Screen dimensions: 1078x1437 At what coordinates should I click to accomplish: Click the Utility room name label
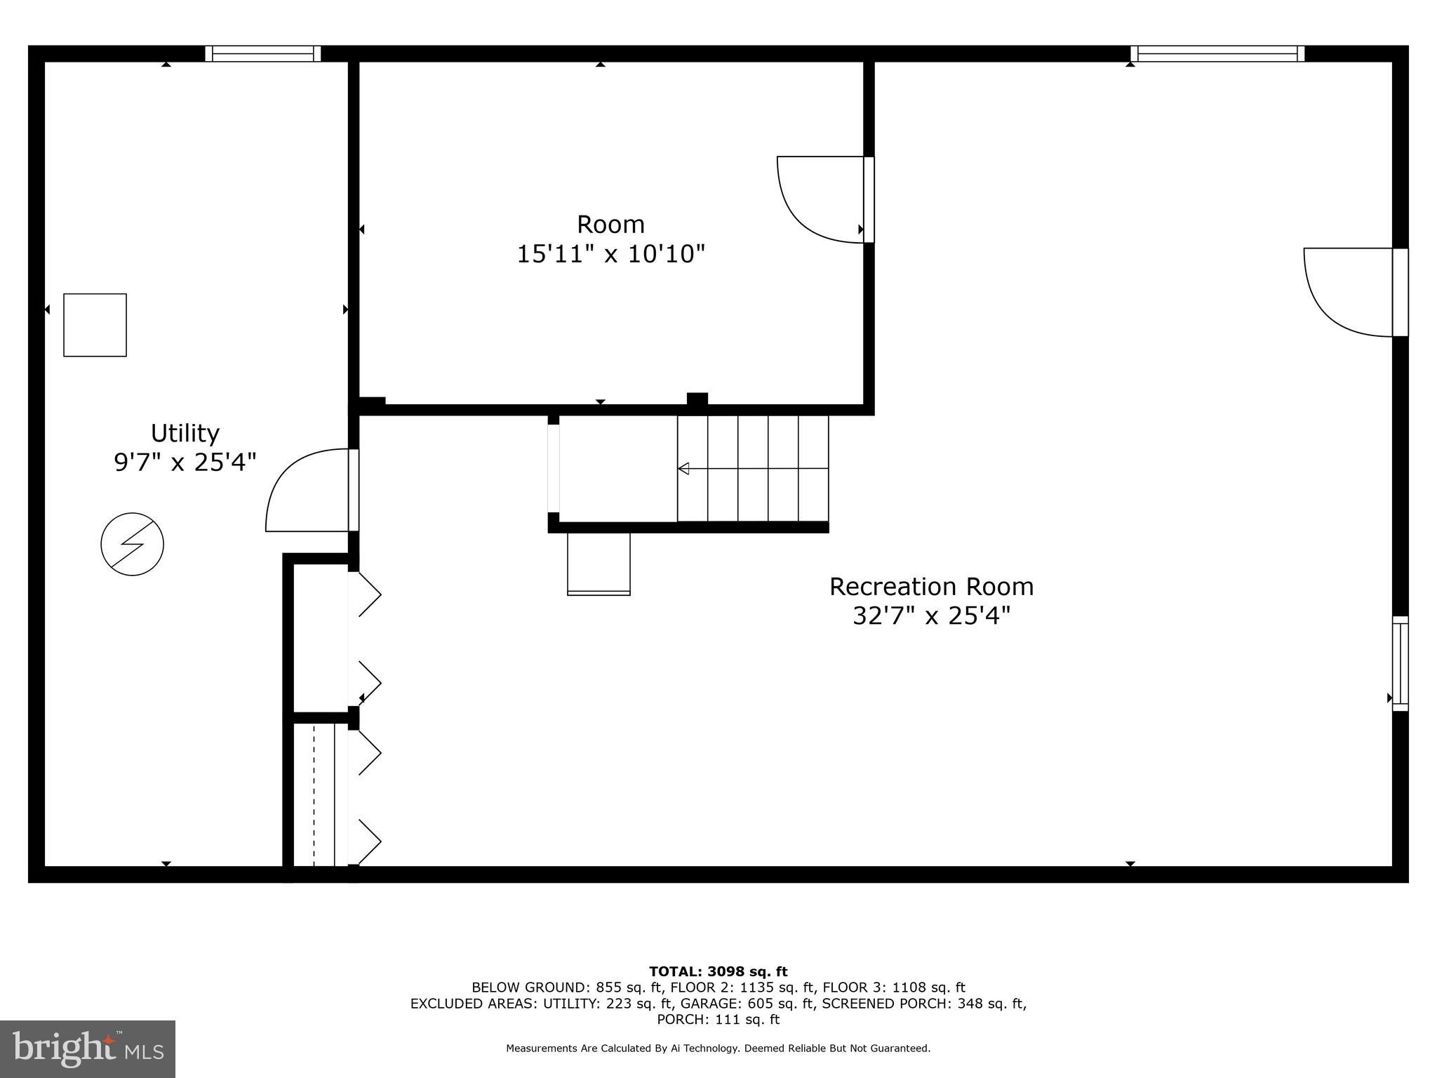coord(185,433)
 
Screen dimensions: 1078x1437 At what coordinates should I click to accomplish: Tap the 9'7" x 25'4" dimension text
coord(185,463)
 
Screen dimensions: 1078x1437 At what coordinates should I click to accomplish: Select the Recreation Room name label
coord(931,587)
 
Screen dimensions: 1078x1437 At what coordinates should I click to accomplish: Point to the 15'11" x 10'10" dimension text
coord(610,254)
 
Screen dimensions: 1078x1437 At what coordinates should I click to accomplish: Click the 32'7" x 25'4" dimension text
coord(931,616)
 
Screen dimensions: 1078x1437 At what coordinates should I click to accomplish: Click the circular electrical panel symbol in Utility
coord(133,545)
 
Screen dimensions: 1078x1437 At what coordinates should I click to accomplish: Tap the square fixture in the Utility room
coord(95,325)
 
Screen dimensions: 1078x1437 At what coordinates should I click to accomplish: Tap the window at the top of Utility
coord(263,54)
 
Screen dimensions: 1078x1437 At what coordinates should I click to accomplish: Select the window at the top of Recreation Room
coord(1217,54)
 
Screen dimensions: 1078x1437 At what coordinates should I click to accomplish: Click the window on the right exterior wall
coord(1400,663)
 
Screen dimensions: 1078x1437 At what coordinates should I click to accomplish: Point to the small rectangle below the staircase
coord(599,564)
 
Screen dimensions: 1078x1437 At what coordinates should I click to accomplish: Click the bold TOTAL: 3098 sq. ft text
coord(718,972)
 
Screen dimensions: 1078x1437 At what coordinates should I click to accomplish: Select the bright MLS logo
coord(88,1049)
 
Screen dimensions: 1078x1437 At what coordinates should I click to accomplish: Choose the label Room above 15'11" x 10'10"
coord(610,225)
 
